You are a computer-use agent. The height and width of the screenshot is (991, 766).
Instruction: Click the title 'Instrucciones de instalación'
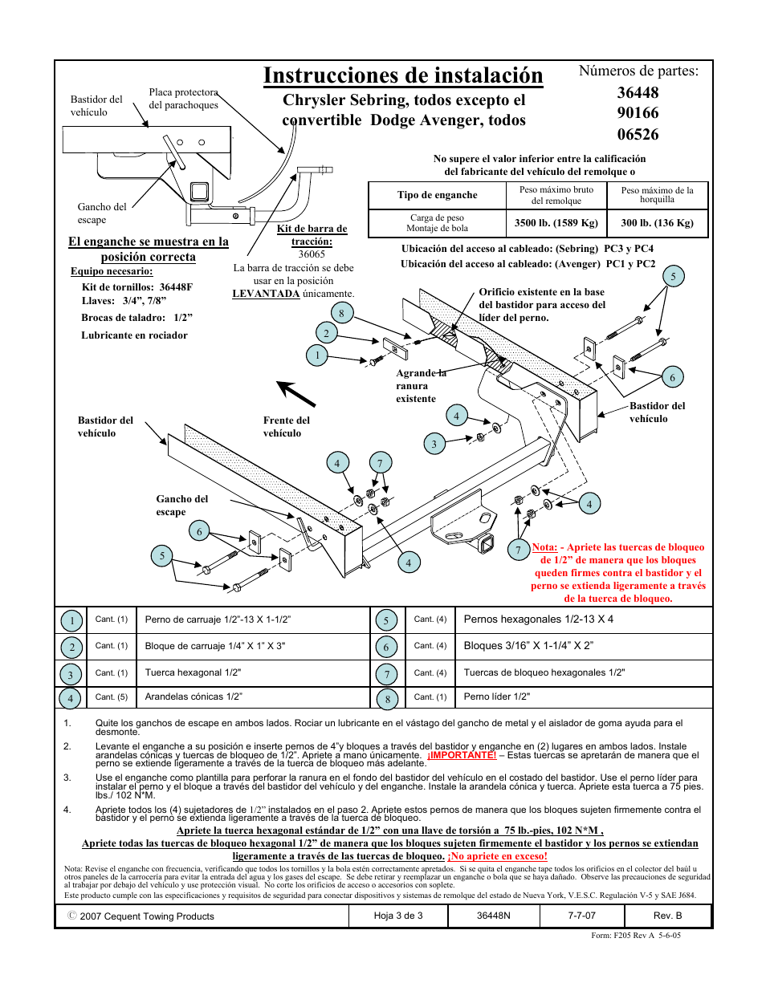coord(403,76)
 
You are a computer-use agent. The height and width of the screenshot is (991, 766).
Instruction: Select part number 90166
coord(638,113)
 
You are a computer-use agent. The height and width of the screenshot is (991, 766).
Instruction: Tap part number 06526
coord(638,135)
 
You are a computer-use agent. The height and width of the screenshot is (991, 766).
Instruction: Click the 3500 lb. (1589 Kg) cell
coord(556,223)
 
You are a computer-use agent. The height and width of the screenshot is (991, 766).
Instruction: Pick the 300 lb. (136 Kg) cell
coord(657,223)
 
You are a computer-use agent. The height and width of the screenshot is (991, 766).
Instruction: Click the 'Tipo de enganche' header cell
coord(437,195)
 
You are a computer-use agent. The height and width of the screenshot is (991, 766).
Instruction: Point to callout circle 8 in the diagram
coord(341,314)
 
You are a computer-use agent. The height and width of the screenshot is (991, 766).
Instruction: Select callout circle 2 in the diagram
coord(326,333)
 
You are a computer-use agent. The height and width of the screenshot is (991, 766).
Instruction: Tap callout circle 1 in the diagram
coord(317,355)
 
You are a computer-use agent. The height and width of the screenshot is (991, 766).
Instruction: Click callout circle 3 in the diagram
coord(434,444)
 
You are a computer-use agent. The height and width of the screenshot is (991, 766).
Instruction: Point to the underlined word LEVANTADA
coord(266,294)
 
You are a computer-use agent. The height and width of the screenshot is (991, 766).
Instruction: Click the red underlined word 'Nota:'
coord(544,547)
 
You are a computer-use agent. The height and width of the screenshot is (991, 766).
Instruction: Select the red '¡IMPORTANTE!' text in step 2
coord(462,755)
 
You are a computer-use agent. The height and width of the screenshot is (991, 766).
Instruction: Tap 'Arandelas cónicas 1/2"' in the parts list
coord(194,697)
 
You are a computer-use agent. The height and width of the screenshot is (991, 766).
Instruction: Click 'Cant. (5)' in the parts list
coord(111,697)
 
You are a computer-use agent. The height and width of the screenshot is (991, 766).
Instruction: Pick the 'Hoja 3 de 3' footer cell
coord(398,916)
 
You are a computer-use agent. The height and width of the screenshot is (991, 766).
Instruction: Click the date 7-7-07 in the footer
coord(582,916)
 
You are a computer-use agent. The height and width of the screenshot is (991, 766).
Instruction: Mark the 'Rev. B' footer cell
coord(667,916)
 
